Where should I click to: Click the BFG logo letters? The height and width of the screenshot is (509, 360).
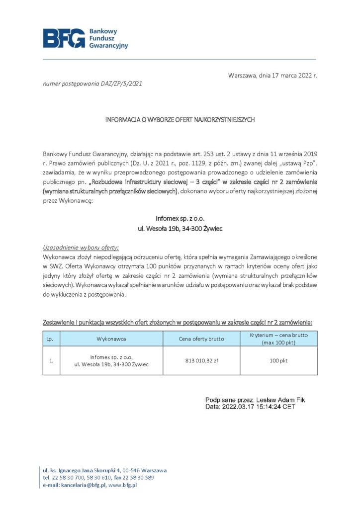coord(64,38)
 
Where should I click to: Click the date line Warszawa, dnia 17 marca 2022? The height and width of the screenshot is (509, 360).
coord(272,76)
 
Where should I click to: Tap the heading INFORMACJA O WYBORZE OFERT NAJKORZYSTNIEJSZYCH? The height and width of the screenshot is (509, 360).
coord(180,120)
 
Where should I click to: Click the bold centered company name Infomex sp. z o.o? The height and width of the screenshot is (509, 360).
coord(180,218)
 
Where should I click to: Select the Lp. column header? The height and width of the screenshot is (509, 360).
coord(50,339)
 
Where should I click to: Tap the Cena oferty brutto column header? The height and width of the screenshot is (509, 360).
coord(201,339)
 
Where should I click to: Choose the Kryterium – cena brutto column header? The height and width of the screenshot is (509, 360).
coord(278,339)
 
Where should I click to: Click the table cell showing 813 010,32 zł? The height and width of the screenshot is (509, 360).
coord(201,360)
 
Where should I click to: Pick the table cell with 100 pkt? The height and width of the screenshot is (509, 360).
coord(278,360)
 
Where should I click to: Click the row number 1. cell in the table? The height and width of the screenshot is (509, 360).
coord(51,360)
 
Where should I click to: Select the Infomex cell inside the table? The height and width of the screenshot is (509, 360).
coord(111,360)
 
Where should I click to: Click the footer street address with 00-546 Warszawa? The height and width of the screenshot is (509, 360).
coord(104,470)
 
